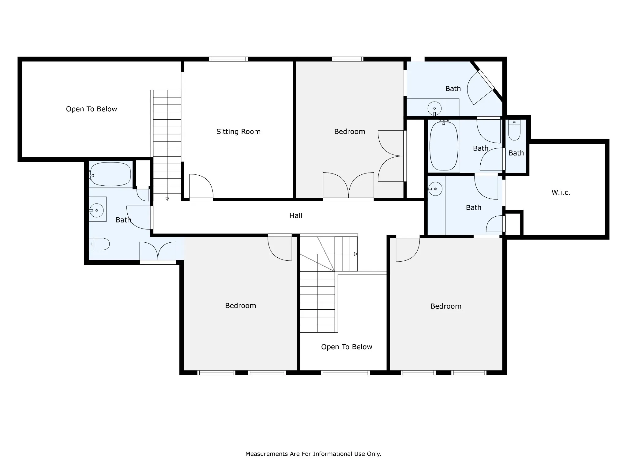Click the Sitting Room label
click(238, 132)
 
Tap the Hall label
click(296, 215)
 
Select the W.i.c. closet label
click(561, 192)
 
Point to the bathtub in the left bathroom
click(111, 174)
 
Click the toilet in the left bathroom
click(99, 244)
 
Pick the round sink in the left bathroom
click(96, 211)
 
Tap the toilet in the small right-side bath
click(514, 130)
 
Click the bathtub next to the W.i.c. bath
click(444, 146)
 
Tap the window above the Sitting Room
click(228, 59)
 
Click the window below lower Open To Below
click(345, 373)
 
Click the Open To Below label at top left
click(92, 109)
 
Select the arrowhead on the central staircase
click(356, 254)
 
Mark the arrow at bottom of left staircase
click(167, 199)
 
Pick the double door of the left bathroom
click(158, 252)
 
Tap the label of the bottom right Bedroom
click(446, 306)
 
